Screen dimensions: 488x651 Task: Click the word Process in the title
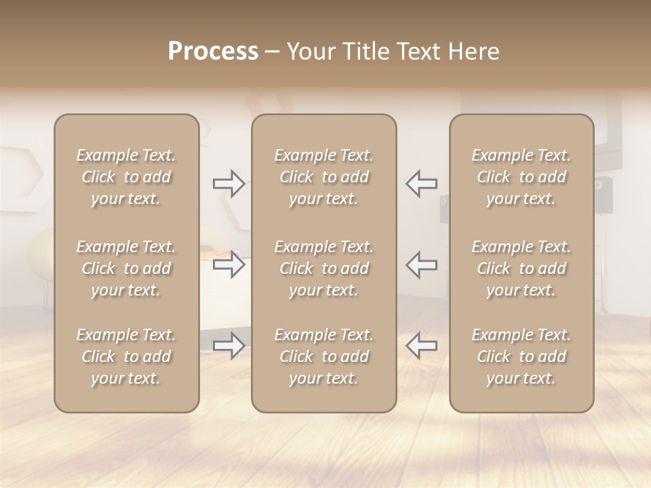tap(213, 52)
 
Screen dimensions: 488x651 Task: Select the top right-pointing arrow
tap(229, 184)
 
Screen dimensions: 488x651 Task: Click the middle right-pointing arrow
tap(229, 264)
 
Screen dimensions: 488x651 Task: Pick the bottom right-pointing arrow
tap(229, 346)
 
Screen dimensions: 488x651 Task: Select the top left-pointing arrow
tap(421, 184)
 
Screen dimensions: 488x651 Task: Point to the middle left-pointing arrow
tap(421, 264)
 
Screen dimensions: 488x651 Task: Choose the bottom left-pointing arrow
tap(421, 346)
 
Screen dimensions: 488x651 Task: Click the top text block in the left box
tap(126, 177)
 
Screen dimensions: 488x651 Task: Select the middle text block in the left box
tap(126, 268)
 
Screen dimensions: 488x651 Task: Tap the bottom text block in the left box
tap(126, 357)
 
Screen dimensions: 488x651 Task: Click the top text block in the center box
tap(324, 177)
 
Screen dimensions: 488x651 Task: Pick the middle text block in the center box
tap(324, 268)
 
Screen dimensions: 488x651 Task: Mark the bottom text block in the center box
tap(324, 357)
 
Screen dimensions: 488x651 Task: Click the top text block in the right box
tap(521, 177)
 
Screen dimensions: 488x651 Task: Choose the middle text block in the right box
tap(521, 268)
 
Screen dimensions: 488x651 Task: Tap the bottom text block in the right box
tap(521, 357)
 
